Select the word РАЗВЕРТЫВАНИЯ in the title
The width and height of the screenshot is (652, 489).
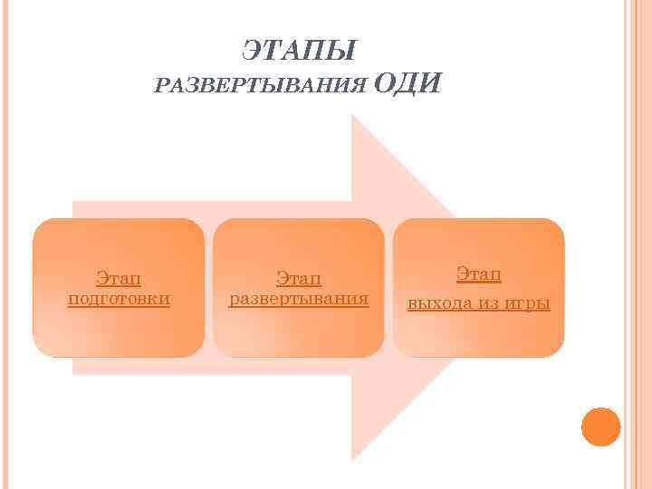pos(262,87)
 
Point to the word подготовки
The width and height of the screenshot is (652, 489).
pos(119,298)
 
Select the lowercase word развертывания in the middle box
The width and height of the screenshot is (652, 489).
pos(299,298)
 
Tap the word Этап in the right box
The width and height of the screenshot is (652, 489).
pos(479,273)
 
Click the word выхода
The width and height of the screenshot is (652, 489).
pos(440,302)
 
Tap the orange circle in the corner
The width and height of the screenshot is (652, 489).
pos(600,427)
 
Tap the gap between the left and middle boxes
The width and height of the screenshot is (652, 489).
pos(209,287)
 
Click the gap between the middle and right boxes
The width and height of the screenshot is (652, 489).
pos(388,287)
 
